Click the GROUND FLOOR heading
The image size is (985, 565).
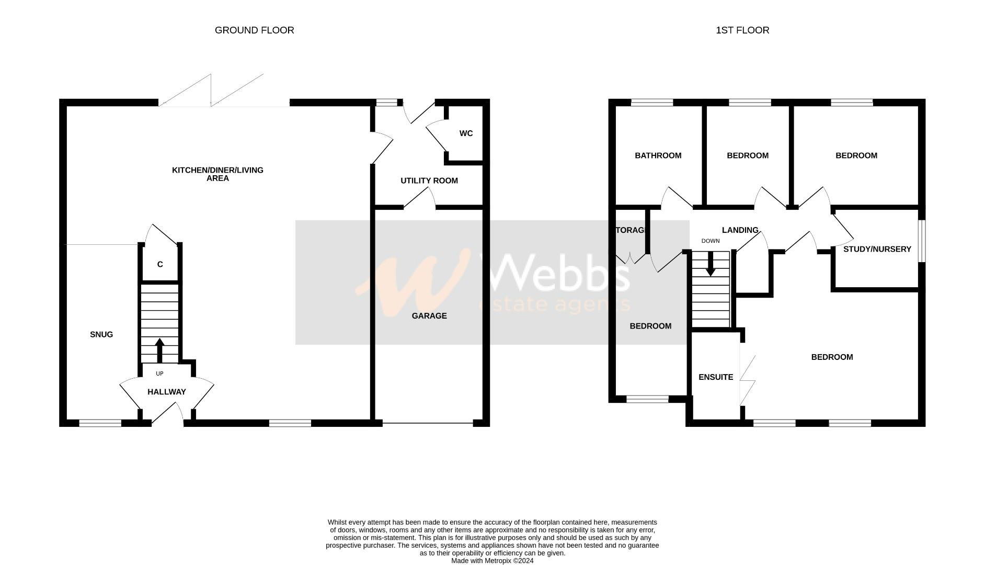pos(254,30)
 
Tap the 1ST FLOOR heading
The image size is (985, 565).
pos(742,30)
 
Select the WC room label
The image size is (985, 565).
pos(466,133)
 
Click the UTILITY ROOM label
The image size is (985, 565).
pos(429,180)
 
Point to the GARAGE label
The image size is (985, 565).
pos(429,316)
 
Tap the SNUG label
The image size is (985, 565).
pos(101,335)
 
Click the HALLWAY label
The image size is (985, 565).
pos(166,392)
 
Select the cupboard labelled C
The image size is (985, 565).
pos(160,265)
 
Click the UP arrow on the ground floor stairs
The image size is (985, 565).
pos(159,350)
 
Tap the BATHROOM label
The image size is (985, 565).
pos(658,155)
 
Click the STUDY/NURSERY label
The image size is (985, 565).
pos(877,249)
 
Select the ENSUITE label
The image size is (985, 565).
pos(716,377)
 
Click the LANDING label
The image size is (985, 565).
pos(740,230)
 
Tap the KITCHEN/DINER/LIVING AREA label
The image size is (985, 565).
pos(217,174)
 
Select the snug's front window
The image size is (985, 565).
pos(100,423)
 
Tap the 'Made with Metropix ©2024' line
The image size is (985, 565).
pos(492,561)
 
